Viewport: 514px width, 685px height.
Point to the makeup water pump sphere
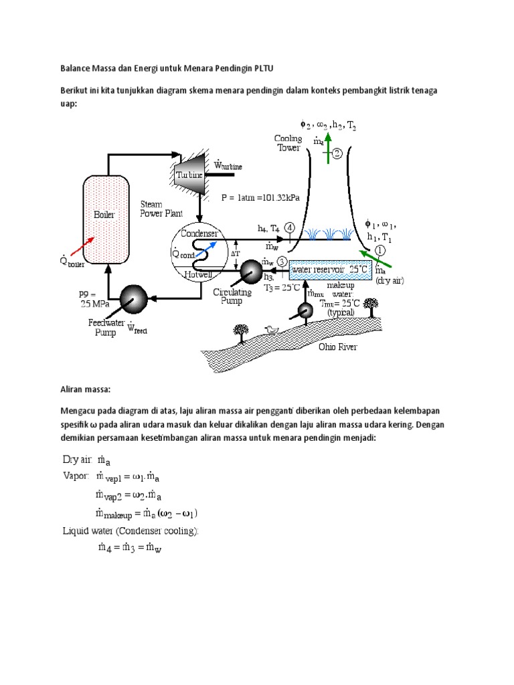306,311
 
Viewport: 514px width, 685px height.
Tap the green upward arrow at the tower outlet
327,153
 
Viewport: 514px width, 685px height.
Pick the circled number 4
289,227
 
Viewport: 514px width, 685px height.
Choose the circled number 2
337,154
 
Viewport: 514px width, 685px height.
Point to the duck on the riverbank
272,329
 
